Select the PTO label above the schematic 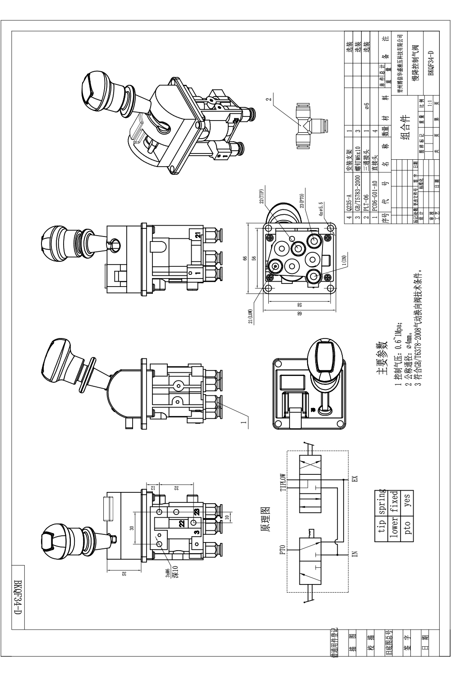(x=283, y=550)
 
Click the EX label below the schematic (x=354, y=478)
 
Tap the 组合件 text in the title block (x=405, y=128)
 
